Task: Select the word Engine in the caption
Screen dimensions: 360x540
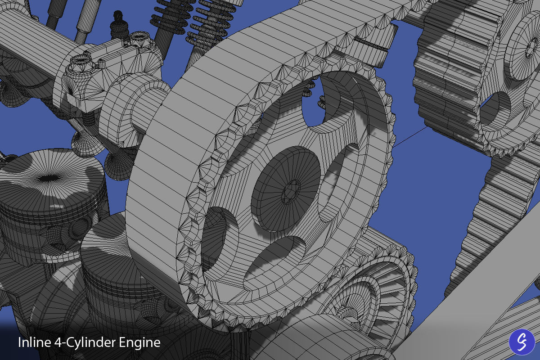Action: pyautogui.click(x=139, y=343)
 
